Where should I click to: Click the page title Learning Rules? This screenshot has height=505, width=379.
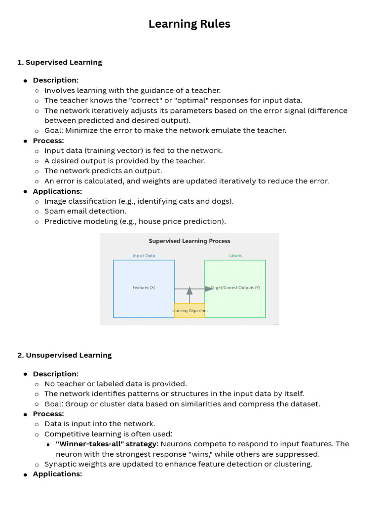tap(189, 24)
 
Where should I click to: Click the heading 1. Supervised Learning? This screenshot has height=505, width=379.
tap(59, 62)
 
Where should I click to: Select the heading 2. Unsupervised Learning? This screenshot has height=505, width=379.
tap(64, 355)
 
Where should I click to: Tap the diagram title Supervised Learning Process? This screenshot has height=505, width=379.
tap(189, 241)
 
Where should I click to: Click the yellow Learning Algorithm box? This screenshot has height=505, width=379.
tap(189, 311)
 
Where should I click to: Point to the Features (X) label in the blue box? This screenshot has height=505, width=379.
tap(144, 288)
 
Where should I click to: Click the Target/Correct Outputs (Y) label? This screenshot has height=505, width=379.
tap(236, 288)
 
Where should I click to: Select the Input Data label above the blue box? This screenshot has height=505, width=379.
tap(144, 255)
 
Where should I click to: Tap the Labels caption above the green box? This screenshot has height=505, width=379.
tap(235, 255)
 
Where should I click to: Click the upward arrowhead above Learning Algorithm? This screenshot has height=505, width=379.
tap(189, 291)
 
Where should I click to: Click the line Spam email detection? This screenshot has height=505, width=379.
tap(85, 211)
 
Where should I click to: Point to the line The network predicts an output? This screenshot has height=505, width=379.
tap(103, 171)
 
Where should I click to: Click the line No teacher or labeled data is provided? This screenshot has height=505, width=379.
tap(115, 384)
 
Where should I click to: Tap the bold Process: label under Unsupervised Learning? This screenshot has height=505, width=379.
tap(48, 414)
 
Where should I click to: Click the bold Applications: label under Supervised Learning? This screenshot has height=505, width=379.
tap(57, 191)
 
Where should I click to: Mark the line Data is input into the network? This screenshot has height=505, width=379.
tap(100, 424)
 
